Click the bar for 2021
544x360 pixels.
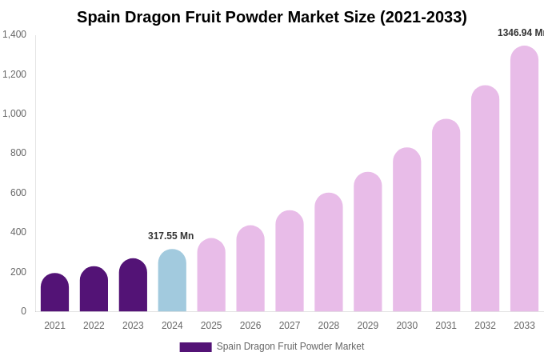(x=54, y=293)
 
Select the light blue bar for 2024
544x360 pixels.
(x=172, y=281)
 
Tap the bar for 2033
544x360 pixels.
(x=524, y=179)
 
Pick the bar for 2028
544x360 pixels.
(x=328, y=253)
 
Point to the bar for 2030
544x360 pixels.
(x=406, y=230)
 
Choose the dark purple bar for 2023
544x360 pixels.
(x=133, y=286)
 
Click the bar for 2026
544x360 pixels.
(x=250, y=269)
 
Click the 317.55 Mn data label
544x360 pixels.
(x=170, y=236)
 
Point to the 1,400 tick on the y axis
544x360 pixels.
(x=14, y=34)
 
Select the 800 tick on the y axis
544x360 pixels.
(x=18, y=153)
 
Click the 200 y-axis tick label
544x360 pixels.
(x=18, y=272)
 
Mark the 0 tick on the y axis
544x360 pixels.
(x=23, y=311)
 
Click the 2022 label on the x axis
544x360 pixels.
(x=94, y=326)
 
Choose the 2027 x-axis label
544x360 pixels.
(x=290, y=326)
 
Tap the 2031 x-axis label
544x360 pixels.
(x=446, y=326)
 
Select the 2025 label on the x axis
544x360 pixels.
(x=211, y=326)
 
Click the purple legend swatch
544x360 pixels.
(x=195, y=347)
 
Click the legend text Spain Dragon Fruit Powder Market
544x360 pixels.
(x=290, y=346)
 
